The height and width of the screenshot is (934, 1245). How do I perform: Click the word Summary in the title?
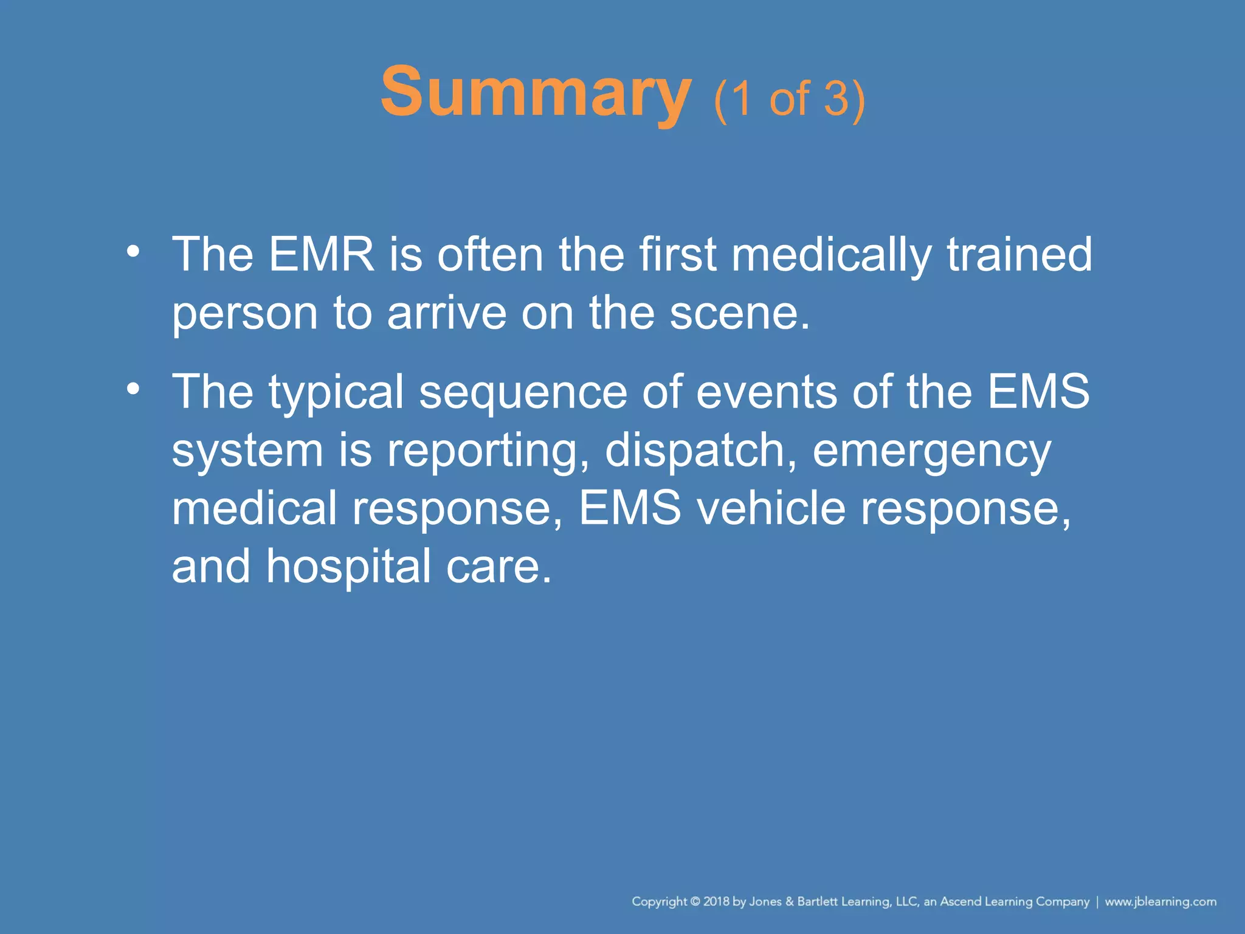coord(535,92)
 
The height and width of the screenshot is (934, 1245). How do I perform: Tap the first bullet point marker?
coord(133,251)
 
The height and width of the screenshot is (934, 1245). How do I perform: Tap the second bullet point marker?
coord(133,388)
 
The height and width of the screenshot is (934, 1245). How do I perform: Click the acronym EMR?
coord(321,254)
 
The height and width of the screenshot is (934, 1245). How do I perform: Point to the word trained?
coord(1019,254)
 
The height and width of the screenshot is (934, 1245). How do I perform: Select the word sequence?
coord(523,392)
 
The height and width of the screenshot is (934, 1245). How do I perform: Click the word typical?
coord(336,392)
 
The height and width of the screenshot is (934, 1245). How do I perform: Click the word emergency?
coord(931,451)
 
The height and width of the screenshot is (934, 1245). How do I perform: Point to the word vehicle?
coord(771,508)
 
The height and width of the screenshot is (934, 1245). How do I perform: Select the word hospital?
coord(349,567)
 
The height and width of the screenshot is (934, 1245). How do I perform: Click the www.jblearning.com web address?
coord(1161,902)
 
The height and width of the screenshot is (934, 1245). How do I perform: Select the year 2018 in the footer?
coord(717,902)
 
